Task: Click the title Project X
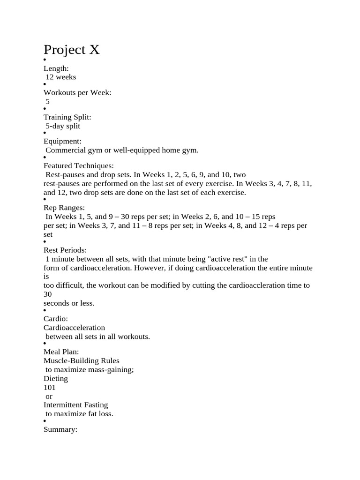71,50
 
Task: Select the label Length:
56,68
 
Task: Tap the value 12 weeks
60,77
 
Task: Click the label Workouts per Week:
77,93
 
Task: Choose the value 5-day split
63,126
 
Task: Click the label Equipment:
62,141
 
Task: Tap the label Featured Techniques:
78,165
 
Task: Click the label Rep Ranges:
64,208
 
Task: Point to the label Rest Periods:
65,250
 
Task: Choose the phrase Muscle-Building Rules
82,360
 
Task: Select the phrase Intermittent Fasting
75,405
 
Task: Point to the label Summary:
60,429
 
